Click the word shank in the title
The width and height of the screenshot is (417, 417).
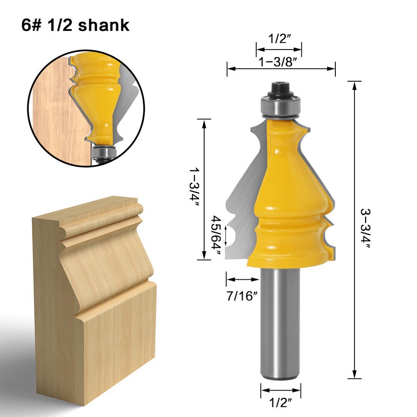point(104,25)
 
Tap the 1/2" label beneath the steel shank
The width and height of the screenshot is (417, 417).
point(281,401)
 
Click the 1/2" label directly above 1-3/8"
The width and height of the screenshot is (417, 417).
point(279,39)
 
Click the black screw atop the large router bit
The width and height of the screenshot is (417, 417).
point(279,89)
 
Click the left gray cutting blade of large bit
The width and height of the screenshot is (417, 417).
point(241,208)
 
